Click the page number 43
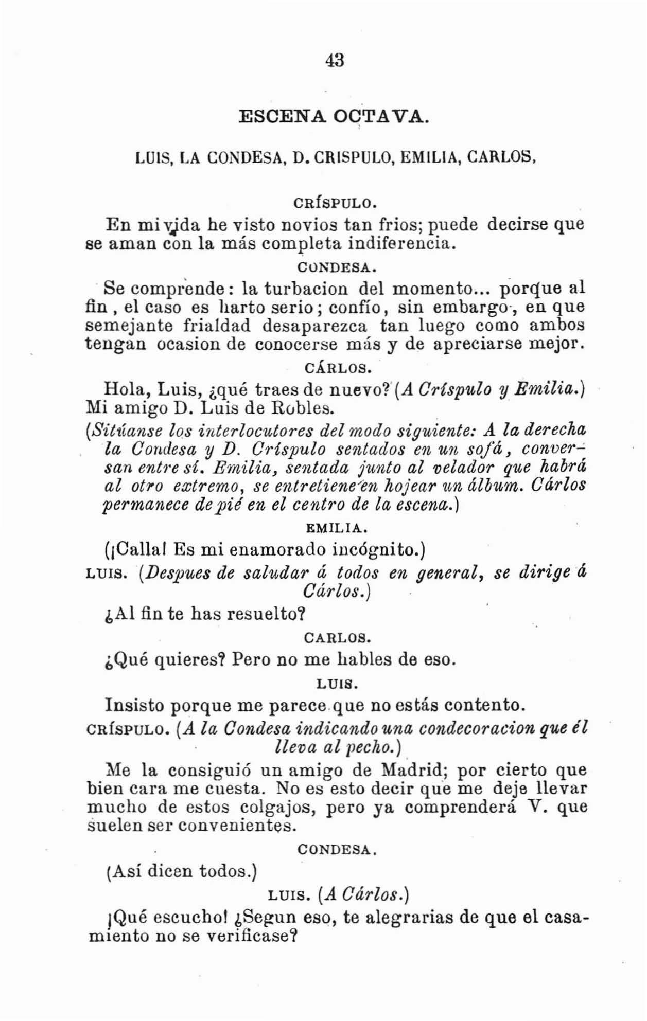(335, 60)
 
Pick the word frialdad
(216, 326)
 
